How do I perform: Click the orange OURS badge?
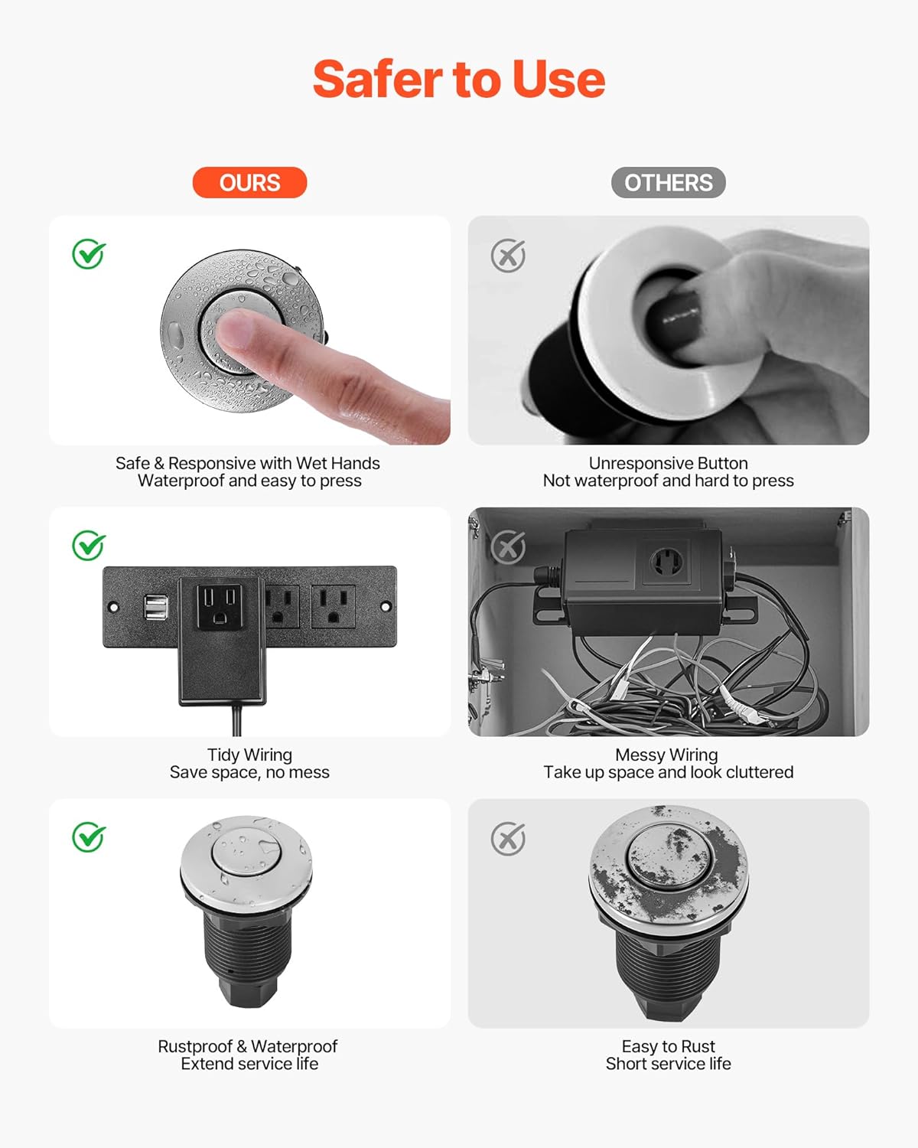coord(249,183)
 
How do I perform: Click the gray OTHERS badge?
coord(668,183)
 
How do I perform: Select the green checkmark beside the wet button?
coord(89,254)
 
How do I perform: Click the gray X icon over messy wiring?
coord(508,546)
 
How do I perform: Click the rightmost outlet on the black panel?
coord(333,606)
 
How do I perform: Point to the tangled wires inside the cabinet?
coord(658,689)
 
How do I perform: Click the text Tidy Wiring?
coord(249,755)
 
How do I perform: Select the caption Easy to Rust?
coord(668,1046)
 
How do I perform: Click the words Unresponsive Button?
coord(668,463)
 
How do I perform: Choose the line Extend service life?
coord(249,1064)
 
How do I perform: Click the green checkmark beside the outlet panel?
coord(89,546)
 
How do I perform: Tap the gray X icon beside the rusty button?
coord(508,839)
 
